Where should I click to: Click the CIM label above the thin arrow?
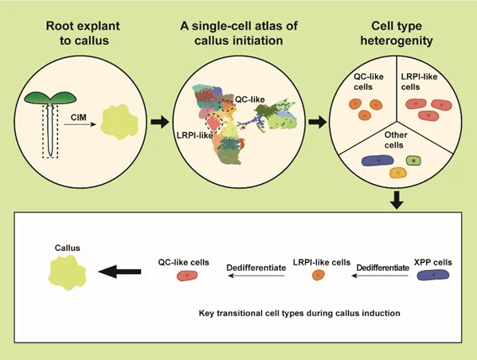pyautogui.click(x=79, y=117)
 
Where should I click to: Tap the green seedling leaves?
pyautogui.click(x=50, y=98)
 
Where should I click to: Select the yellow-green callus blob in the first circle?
pyautogui.click(x=119, y=122)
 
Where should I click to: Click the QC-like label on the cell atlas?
pyautogui.click(x=250, y=100)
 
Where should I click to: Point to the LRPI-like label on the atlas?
pyautogui.click(x=194, y=135)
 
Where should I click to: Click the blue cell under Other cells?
pyautogui.click(x=377, y=160)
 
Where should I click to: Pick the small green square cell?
pyautogui.click(x=413, y=161)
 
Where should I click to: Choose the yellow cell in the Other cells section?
pyautogui.click(x=398, y=173)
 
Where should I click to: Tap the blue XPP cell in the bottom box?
pyautogui.click(x=433, y=275)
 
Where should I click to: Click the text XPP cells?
pyautogui.click(x=433, y=262)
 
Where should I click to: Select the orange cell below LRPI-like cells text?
pyautogui.click(x=319, y=275)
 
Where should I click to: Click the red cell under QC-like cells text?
pyautogui.click(x=187, y=276)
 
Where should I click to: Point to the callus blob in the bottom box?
pyautogui.click(x=67, y=272)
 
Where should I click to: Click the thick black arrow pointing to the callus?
pyautogui.click(x=119, y=272)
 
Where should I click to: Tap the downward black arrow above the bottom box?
pyautogui.click(x=397, y=200)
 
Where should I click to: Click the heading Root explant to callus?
pyautogui.click(x=83, y=33)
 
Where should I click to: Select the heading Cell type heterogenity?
pyautogui.click(x=397, y=33)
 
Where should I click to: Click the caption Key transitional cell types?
pyautogui.click(x=299, y=313)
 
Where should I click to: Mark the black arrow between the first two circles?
pyautogui.click(x=160, y=123)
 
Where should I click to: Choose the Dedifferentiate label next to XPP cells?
pyautogui.click(x=383, y=268)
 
